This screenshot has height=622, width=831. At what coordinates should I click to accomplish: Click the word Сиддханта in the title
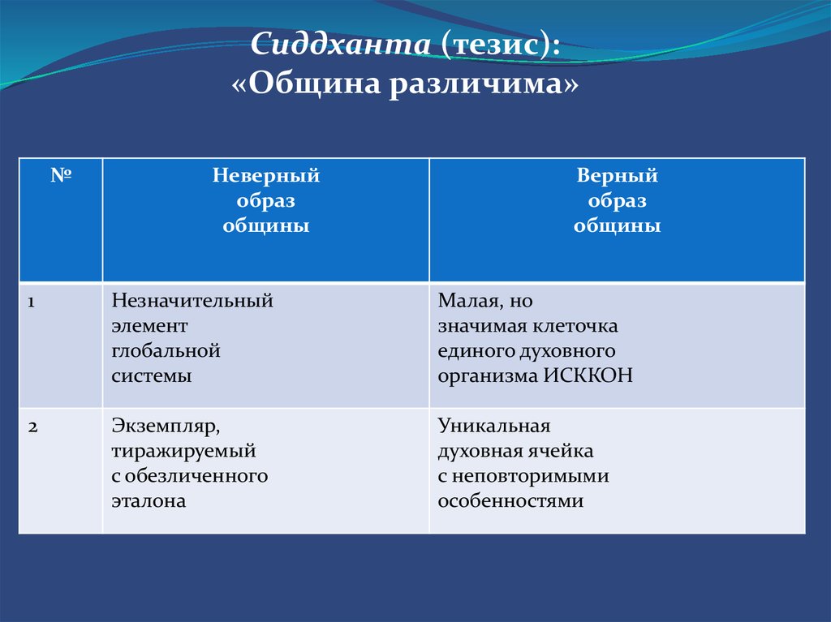340,44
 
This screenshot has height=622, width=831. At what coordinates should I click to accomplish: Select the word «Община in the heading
306,84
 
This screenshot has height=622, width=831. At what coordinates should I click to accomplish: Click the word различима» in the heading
484,84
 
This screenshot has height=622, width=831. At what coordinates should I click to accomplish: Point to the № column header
61,175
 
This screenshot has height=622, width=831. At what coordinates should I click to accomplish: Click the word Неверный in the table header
266,175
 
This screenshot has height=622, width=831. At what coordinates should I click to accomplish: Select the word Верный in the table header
617,175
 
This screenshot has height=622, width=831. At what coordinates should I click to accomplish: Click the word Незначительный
192,301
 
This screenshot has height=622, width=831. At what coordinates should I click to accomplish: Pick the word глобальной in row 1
166,350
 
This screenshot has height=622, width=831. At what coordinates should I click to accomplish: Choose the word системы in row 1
152,376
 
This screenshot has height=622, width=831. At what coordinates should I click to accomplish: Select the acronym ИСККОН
588,375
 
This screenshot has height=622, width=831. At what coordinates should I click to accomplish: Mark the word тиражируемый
184,452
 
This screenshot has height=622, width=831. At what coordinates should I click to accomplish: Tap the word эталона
149,501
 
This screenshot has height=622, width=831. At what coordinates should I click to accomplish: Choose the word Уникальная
494,426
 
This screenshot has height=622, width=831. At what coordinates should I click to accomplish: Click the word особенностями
511,501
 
